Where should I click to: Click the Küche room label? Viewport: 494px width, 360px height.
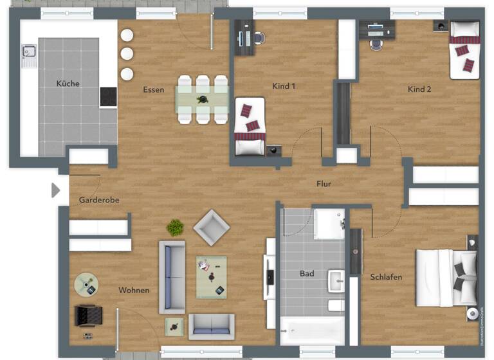68,84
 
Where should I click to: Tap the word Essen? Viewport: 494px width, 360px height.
154,90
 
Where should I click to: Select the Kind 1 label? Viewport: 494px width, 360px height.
284,86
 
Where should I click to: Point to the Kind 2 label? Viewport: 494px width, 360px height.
419,89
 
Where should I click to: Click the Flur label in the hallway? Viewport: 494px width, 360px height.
324,184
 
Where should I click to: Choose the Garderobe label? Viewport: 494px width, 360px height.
99,200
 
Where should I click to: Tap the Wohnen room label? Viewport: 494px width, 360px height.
134,291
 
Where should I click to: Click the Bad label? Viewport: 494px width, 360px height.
307,274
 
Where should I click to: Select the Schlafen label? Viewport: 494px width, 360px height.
386,277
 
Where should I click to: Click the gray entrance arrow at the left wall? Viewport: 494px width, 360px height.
55,190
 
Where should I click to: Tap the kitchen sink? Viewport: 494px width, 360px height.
29,56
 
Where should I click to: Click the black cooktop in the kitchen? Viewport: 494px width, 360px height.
108,97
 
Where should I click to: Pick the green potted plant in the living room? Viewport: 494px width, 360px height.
175,227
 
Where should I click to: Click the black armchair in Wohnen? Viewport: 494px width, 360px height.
88,315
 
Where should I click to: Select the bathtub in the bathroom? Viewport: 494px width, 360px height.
312,330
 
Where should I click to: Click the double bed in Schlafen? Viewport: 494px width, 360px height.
446,278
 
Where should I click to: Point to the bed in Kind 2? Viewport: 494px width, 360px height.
464,50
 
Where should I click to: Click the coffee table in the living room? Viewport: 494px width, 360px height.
211,277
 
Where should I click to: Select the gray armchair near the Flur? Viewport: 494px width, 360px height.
212,227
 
